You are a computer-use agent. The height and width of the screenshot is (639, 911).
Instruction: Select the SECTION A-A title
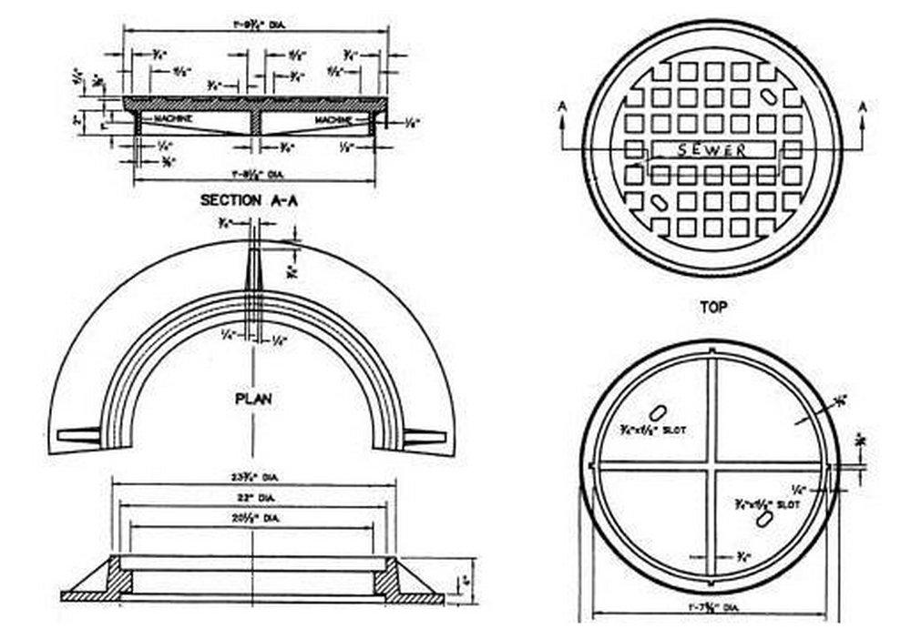pyautogui.click(x=248, y=201)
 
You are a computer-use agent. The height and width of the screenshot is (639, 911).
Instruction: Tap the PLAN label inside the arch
pyautogui.click(x=253, y=399)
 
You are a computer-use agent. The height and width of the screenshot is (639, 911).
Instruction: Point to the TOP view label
pyautogui.click(x=713, y=308)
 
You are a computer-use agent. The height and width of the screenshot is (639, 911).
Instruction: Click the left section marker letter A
pyautogui.click(x=563, y=106)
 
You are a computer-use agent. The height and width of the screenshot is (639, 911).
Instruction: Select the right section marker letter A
pyautogui.click(x=862, y=106)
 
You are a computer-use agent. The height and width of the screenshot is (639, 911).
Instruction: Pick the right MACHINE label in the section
pyautogui.click(x=335, y=119)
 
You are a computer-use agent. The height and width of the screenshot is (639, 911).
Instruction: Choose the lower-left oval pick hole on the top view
pyautogui.click(x=657, y=198)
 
